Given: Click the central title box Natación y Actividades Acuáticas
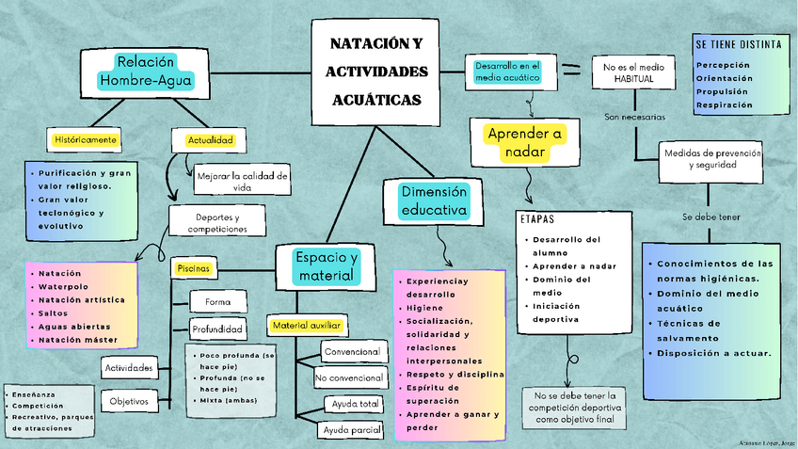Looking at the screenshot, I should [x=375, y=72].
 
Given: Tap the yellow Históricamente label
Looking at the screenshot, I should [x=86, y=139].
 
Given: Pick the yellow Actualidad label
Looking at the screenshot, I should [x=210, y=140].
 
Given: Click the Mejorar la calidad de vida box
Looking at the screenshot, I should [x=243, y=181].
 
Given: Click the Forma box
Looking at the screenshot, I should [x=217, y=302].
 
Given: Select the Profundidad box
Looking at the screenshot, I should [x=218, y=329].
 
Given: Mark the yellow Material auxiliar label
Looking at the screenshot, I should [x=306, y=325].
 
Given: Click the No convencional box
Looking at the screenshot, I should [x=350, y=378].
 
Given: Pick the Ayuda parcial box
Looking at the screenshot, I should [x=352, y=430].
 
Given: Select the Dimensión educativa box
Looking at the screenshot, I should [x=434, y=200].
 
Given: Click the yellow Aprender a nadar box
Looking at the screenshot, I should [x=525, y=143].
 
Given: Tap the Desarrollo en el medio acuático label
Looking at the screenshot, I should [x=506, y=72].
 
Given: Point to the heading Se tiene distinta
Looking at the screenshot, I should [x=738, y=44].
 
